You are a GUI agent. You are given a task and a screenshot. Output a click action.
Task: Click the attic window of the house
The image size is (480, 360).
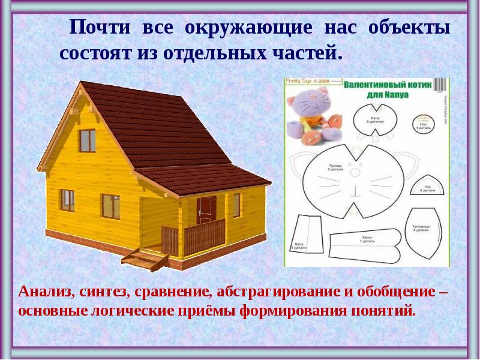pyautogui.click(x=88, y=140)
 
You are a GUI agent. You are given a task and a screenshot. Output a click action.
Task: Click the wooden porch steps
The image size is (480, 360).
pyautogui.click(x=144, y=259)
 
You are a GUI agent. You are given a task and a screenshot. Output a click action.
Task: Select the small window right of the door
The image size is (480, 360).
pyautogui.click(x=236, y=205)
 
